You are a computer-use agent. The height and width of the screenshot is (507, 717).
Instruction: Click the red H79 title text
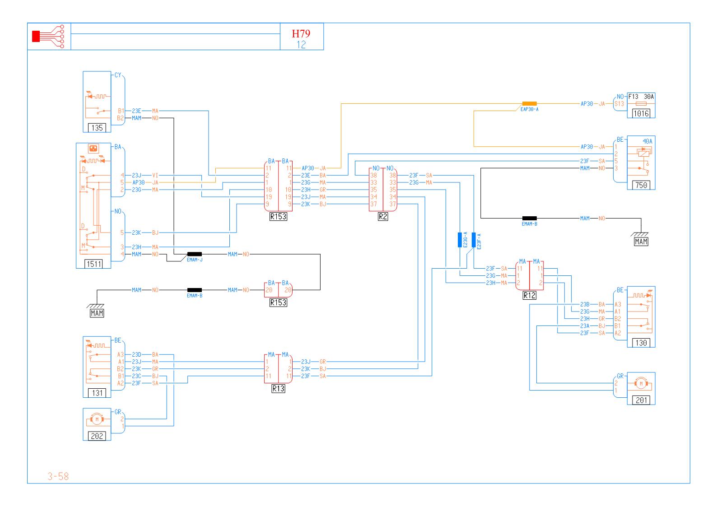301,34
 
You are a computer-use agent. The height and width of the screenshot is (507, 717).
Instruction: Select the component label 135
97,128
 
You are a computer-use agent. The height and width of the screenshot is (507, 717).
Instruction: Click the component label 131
97,393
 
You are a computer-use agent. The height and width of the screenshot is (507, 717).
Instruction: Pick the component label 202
97,436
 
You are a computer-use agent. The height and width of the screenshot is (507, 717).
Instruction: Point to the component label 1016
641,114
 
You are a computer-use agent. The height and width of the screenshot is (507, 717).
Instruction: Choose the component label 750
641,185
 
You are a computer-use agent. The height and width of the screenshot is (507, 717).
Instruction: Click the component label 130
641,343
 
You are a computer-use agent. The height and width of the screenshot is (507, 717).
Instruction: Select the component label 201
641,400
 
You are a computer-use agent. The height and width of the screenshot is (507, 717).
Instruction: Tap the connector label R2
383,216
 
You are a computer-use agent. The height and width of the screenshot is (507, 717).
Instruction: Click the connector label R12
529,296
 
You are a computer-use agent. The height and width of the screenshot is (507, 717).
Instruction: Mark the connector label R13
278,388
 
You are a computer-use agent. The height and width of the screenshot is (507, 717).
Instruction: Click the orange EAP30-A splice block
529,103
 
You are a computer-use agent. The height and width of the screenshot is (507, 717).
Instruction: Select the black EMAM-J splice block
195,254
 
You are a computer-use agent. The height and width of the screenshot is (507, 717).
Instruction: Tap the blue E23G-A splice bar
460,240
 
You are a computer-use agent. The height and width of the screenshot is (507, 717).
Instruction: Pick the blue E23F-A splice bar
474,240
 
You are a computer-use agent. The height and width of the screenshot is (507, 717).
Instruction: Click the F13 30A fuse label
641,96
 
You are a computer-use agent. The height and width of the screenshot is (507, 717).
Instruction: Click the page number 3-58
58,476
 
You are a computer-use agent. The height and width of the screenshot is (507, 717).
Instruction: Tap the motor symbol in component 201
641,384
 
